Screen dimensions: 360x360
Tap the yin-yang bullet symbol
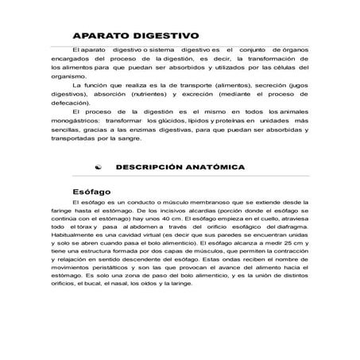coord(97,168)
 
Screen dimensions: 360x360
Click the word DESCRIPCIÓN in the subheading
coord(152,168)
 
